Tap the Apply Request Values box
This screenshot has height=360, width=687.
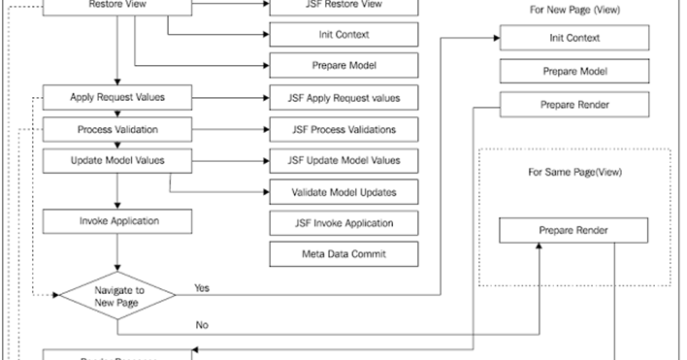click(117, 98)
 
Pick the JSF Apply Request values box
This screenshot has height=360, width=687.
click(343, 98)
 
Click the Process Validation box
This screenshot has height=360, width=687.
click(117, 129)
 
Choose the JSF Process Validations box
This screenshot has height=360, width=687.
click(343, 129)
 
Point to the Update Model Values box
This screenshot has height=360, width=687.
click(117, 160)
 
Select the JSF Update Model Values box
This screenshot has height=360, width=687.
click(343, 160)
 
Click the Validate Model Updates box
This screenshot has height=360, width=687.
click(343, 191)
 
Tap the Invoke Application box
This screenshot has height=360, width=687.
click(117, 221)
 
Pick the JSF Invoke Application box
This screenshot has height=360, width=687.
click(343, 222)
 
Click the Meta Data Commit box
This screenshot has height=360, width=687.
click(343, 254)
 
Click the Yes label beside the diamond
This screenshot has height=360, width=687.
click(202, 288)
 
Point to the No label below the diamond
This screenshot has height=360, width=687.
click(202, 325)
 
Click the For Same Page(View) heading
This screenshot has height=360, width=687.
click(574, 173)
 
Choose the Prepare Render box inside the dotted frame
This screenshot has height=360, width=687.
click(573, 231)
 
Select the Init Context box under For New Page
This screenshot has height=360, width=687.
click(573, 39)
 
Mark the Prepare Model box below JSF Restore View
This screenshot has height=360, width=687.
click(343, 66)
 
